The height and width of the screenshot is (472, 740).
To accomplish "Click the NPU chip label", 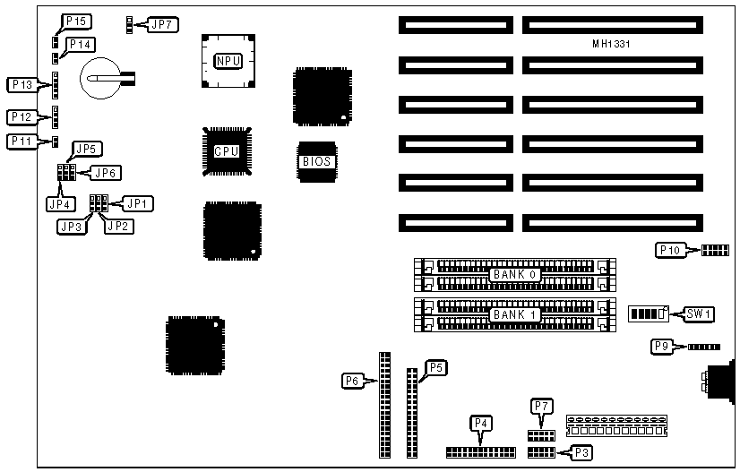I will tap(228, 61).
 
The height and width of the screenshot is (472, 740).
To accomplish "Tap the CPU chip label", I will tap(226, 151).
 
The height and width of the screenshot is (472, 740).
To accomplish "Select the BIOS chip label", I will tap(316, 162).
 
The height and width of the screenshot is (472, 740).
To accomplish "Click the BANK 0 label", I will tap(514, 273).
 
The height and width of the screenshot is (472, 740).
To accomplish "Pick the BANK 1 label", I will tap(514, 314).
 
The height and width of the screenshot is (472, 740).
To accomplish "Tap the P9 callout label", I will tap(663, 347).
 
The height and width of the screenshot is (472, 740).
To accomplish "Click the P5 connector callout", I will tap(435, 366).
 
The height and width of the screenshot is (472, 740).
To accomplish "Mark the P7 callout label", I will tap(541, 407).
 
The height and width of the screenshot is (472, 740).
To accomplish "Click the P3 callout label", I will tap(581, 453).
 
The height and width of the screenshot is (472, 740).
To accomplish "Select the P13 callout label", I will tap(21, 84).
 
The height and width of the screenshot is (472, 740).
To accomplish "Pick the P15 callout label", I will tap(75, 20).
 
